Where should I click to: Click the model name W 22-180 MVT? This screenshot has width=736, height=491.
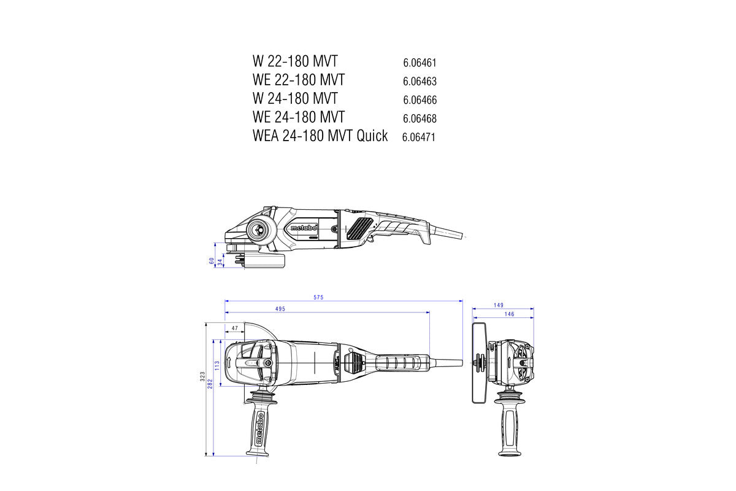pyautogui.click(x=294, y=61)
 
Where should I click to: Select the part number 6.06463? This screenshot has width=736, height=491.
pyautogui.click(x=420, y=81)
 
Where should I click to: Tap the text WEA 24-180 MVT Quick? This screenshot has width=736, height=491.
pyautogui.click(x=320, y=136)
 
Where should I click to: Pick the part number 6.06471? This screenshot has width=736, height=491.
pyautogui.click(x=418, y=137)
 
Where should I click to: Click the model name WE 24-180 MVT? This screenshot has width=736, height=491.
pyautogui.click(x=298, y=117)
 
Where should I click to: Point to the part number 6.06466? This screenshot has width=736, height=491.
pyautogui.click(x=420, y=99)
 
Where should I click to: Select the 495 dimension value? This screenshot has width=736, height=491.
pyautogui.click(x=280, y=309)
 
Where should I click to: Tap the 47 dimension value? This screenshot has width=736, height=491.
pyautogui.click(x=234, y=328)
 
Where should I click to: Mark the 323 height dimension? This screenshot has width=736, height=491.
pyautogui.click(x=202, y=376)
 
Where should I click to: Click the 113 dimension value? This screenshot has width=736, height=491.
pyautogui.click(x=217, y=365)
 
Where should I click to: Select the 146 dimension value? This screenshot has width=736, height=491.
pyautogui.click(x=508, y=314)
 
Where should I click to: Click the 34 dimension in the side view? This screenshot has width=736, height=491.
pyautogui.click(x=220, y=263)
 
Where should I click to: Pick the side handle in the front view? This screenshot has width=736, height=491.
pyautogui.click(x=509, y=423)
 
